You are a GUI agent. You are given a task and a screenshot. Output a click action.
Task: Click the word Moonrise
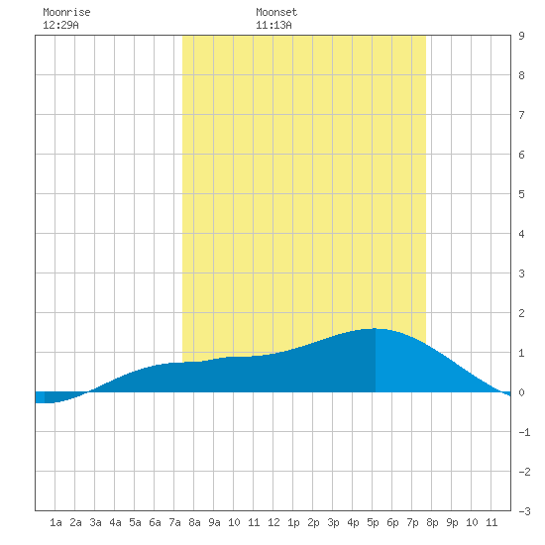[66, 12]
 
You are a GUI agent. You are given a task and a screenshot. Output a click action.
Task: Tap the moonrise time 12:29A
[60, 25]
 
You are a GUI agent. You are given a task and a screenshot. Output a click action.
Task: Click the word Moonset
[276, 12]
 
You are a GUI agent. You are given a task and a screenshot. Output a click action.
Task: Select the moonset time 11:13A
[273, 25]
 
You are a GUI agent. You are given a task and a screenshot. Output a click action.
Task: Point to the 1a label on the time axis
[55, 522]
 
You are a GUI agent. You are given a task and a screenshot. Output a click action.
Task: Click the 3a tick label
[95, 522]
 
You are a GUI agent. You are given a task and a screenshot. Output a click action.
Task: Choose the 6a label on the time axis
[155, 522]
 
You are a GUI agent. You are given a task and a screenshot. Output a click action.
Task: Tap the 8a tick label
[194, 522]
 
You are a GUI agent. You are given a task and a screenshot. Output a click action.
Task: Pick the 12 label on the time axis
[273, 522]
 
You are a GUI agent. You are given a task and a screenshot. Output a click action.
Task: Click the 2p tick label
[313, 522]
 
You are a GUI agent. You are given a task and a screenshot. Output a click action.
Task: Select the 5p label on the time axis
[373, 522]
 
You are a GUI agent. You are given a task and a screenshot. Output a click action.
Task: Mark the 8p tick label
[432, 522]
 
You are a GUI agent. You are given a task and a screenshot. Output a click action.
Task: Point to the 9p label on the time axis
[452, 522]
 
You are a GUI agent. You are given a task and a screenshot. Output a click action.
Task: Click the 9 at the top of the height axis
[521, 36]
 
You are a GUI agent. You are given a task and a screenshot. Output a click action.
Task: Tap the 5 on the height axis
[521, 194]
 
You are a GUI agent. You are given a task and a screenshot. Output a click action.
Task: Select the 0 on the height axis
[521, 392]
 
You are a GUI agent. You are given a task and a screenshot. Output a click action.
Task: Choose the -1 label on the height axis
[524, 432]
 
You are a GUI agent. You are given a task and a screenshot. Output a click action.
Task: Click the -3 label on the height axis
[524, 511]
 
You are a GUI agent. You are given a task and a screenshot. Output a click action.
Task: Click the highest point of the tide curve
[375, 328]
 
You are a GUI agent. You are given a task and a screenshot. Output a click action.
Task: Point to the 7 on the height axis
[521, 115]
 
